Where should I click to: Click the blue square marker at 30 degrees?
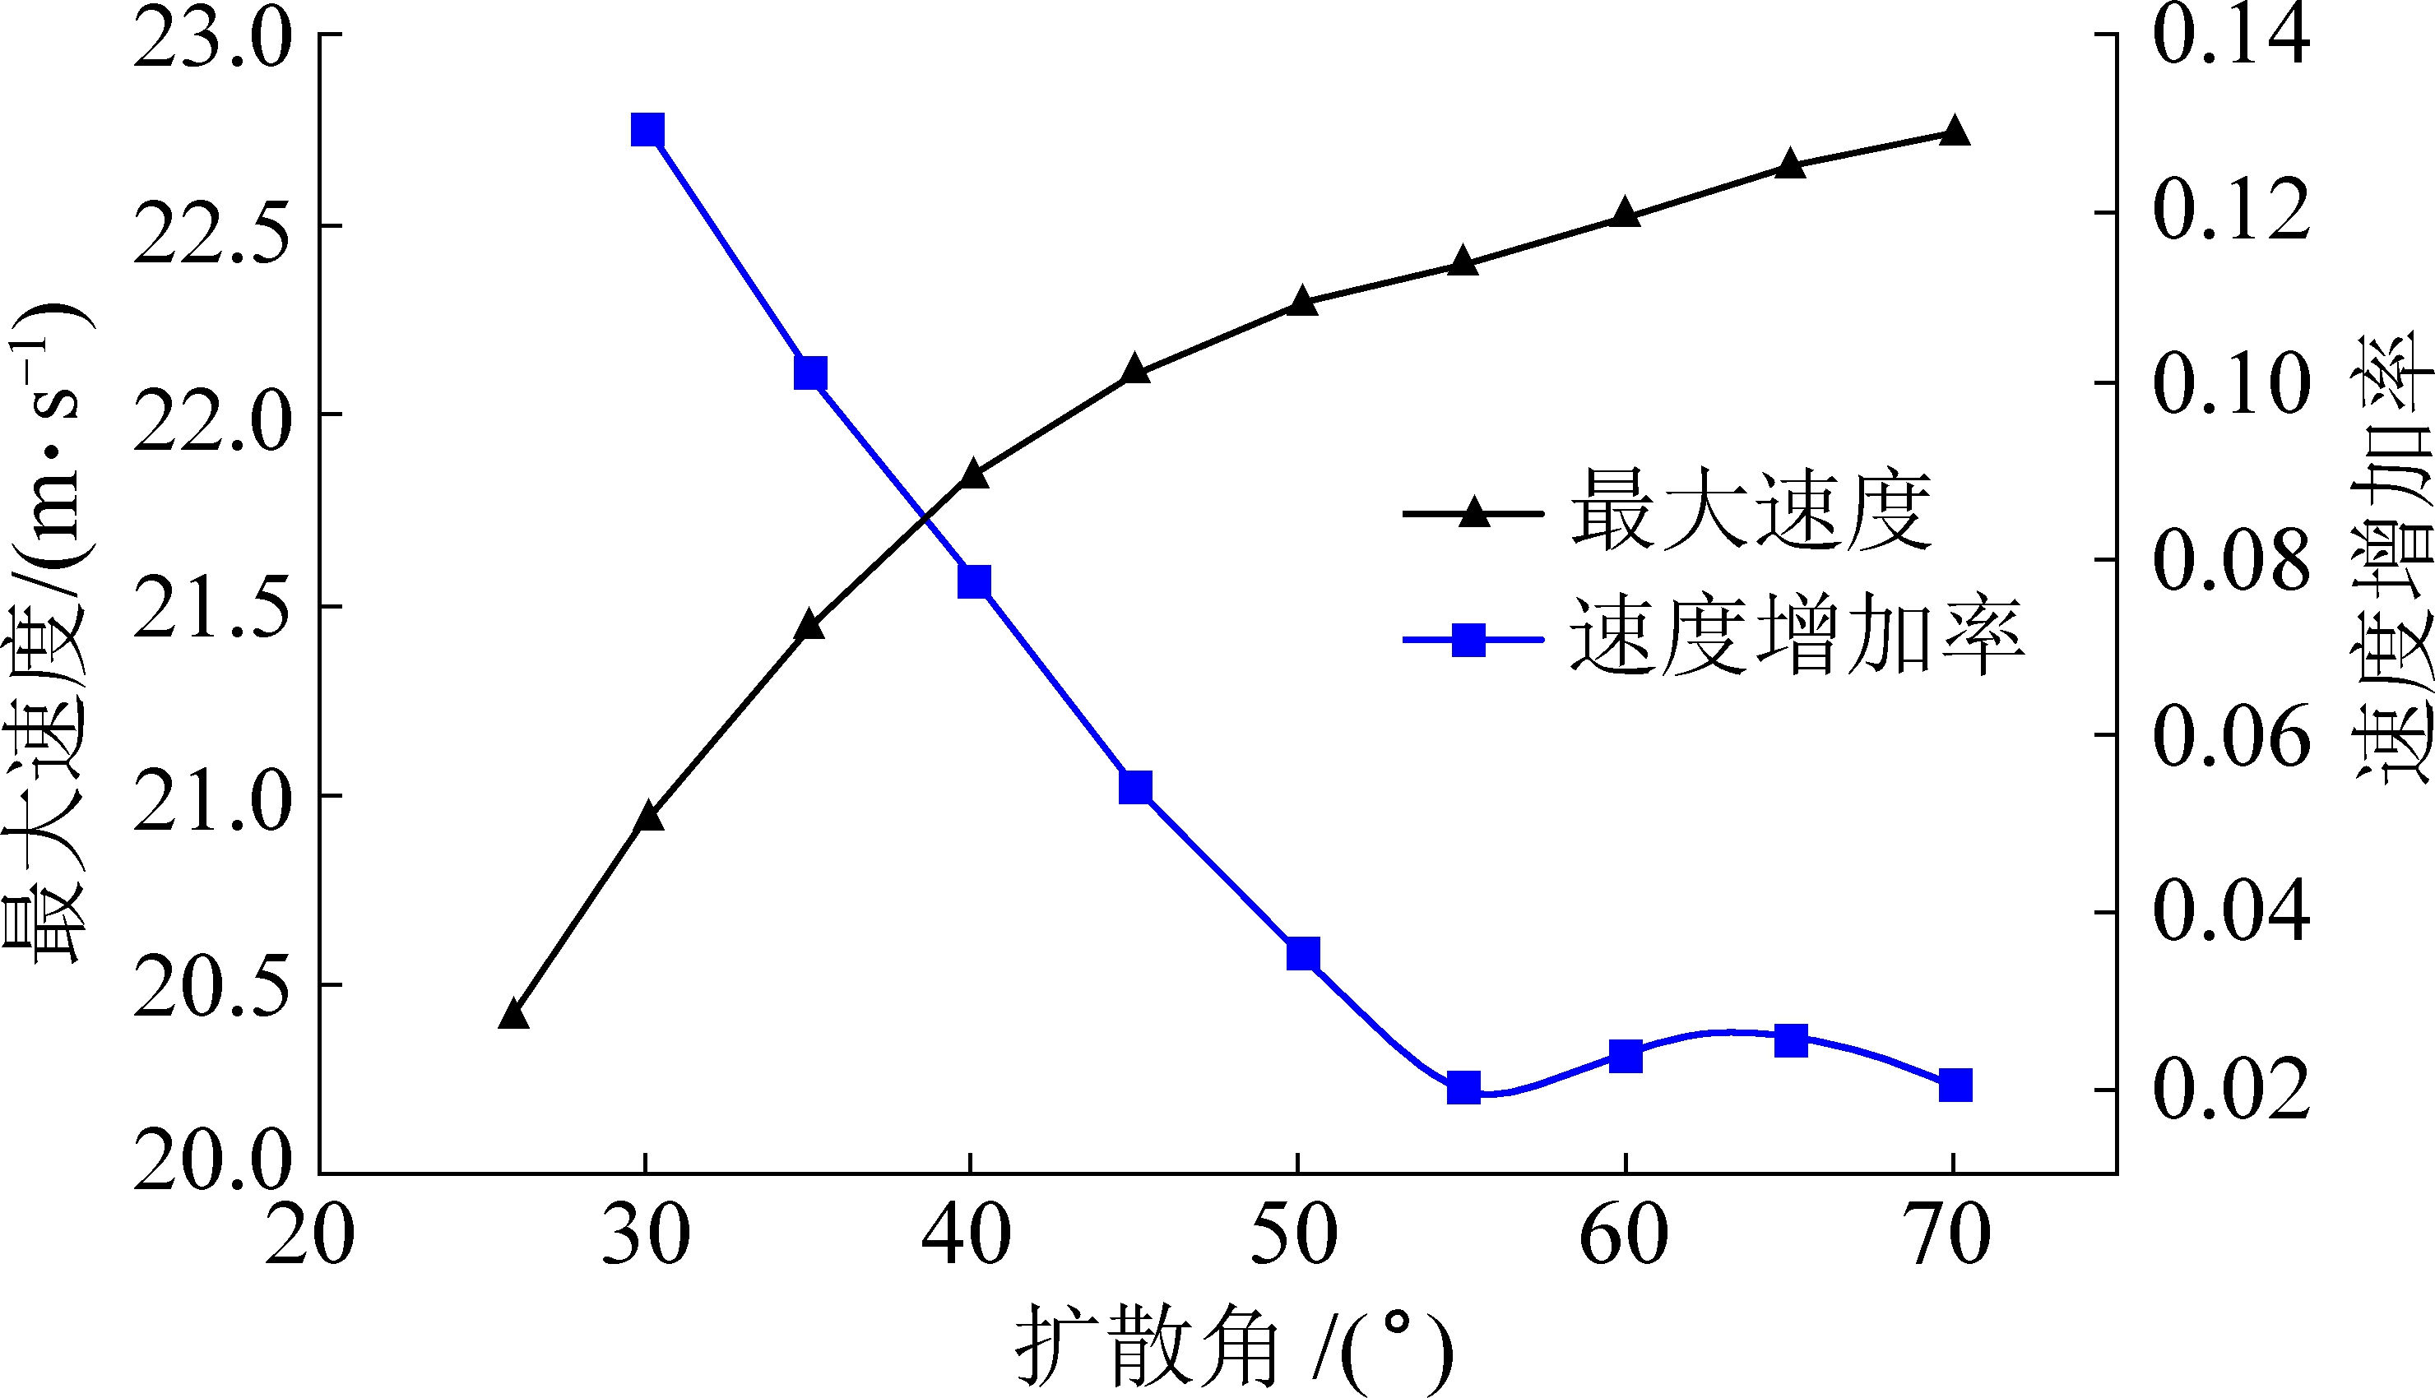point(647,130)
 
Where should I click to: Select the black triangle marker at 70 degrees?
point(1954,132)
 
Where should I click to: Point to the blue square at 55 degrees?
point(1463,1088)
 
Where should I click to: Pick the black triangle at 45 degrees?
point(1135,370)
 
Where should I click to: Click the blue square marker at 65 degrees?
point(1791,1039)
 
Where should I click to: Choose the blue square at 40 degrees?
point(974,582)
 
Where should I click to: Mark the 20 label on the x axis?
point(309,1236)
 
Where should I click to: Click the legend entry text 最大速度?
point(1751,511)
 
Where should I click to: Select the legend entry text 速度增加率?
point(1797,637)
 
